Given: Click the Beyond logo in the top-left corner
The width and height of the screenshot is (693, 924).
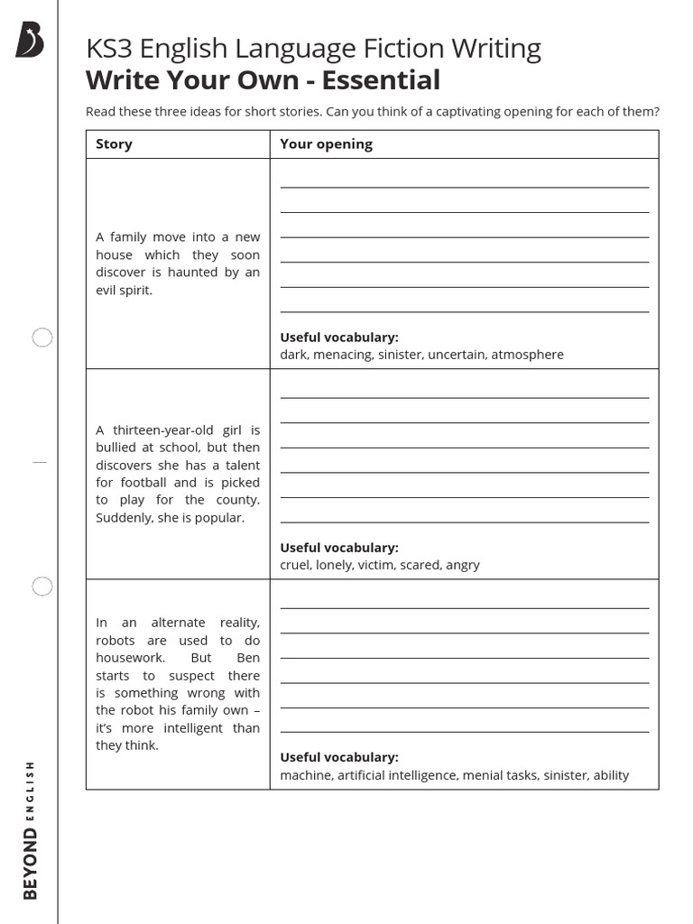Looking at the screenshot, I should [29, 42].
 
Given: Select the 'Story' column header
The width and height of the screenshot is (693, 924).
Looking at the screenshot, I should [114, 144].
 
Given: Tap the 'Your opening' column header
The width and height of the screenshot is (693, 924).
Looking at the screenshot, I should [326, 144].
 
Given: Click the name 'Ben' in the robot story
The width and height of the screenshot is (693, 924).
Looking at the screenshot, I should [247, 658].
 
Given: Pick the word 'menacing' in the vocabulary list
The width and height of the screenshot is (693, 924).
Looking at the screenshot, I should [342, 355].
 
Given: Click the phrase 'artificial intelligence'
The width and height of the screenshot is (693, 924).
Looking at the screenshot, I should [398, 775].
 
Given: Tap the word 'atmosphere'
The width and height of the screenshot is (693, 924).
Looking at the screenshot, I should [527, 355].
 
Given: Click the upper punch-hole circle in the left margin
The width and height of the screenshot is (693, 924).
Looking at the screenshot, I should [42, 337].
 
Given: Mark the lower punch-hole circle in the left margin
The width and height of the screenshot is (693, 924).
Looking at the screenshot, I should [42, 587].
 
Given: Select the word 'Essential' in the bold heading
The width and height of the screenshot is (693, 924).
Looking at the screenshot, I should [381, 80].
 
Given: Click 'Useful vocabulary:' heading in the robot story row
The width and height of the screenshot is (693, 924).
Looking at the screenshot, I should [338, 757].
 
